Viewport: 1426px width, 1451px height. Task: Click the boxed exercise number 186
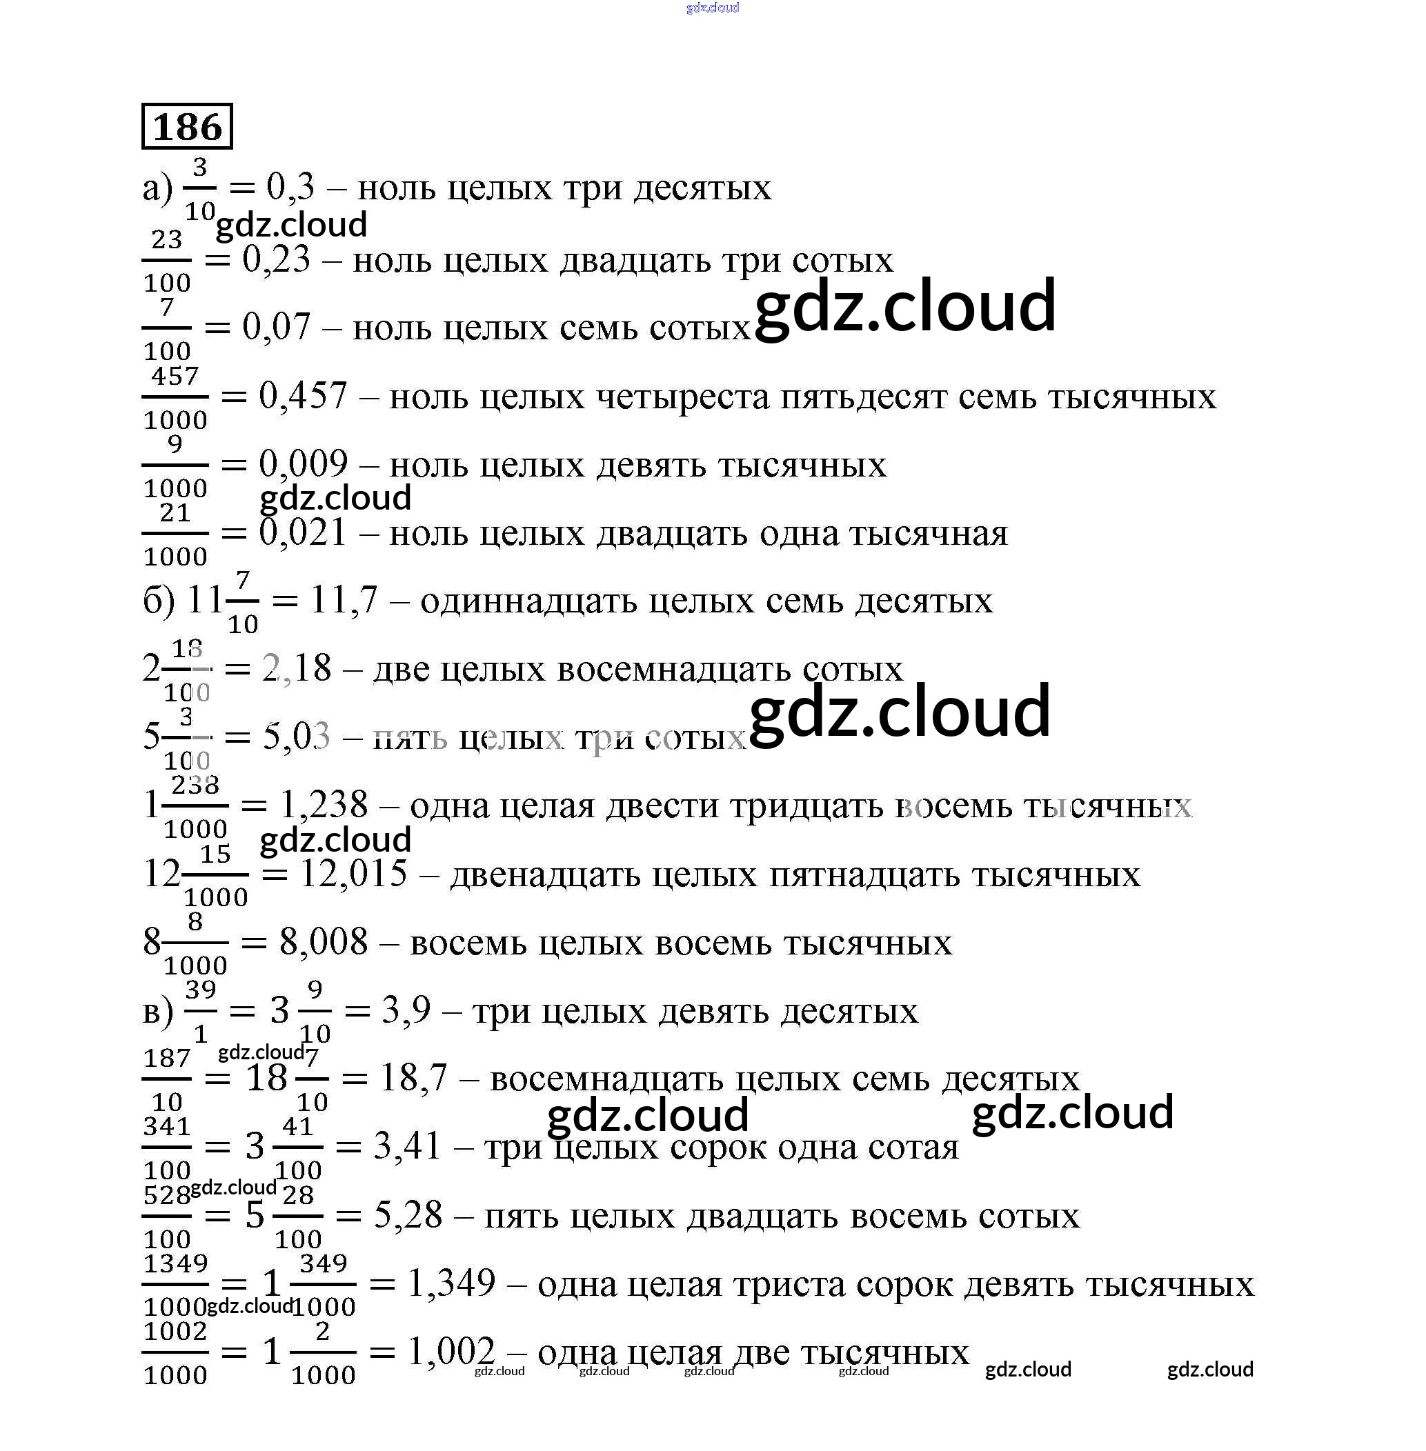(187, 126)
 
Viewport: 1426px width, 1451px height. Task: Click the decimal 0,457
(304, 396)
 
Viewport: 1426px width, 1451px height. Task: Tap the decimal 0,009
(304, 464)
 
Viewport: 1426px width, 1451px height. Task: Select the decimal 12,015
(353, 874)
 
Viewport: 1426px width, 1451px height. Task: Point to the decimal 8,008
(324, 942)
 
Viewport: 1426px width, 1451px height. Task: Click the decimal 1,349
(452, 1283)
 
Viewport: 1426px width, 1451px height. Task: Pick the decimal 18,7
(413, 1079)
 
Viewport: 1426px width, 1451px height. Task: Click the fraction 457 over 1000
(175, 397)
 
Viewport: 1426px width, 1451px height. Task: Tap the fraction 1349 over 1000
(175, 1285)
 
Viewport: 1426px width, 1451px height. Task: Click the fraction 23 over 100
(166, 261)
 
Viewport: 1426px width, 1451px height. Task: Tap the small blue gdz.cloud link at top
(712, 8)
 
